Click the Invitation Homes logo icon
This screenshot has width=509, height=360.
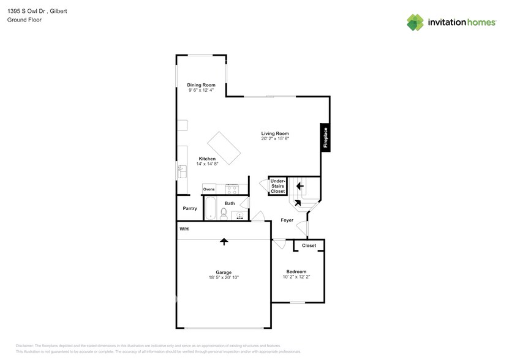point(415,22)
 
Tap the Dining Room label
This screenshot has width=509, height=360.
point(201,85)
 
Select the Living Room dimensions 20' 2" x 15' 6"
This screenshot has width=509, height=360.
point(275,139)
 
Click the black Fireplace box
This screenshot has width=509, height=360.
point(325,137)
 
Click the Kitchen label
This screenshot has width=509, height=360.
point(207,159)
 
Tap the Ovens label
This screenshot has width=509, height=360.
point(209,189)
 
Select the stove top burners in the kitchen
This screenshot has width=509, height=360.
point(232,189)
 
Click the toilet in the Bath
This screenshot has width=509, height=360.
point(224,213)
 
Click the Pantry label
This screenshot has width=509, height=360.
point(190,209)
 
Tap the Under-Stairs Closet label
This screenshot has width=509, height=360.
point(277,186)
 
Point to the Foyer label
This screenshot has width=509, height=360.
point(287,220)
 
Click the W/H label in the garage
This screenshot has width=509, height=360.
point(184,229)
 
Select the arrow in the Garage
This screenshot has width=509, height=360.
point(224,241)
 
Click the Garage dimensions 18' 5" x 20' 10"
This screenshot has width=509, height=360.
point(223,277)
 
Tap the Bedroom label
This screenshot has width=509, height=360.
point(296,271)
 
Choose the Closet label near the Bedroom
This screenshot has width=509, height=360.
point(309,246)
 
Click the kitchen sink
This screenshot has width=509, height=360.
point(181,171)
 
